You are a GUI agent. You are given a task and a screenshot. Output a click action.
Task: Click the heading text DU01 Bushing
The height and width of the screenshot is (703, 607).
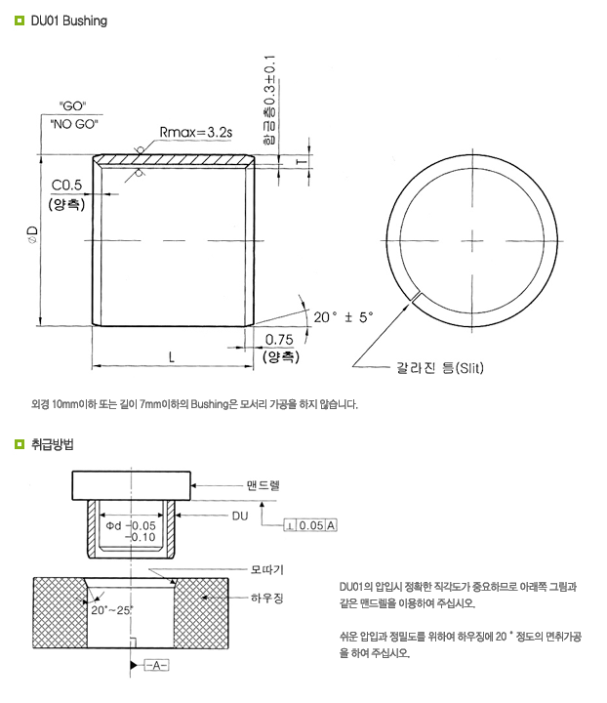(x=68, y=21)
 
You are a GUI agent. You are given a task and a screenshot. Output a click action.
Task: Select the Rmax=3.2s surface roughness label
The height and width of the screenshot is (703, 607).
(x=194, y=132)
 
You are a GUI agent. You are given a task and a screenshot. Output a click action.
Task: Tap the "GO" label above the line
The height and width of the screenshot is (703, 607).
(x=73, y=104)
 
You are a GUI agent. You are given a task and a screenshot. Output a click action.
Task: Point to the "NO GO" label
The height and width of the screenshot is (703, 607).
(x=73, y=124)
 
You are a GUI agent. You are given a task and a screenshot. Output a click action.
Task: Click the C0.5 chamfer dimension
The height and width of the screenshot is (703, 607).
(x=66, y=185)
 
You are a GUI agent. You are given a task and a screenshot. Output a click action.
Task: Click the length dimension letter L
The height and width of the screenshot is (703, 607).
(x=171, y=357)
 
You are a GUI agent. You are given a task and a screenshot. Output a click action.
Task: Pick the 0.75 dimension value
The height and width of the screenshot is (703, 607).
(x=280, y=339)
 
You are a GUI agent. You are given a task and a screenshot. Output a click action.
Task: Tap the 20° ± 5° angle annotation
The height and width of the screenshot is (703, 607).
(x=343, y=317)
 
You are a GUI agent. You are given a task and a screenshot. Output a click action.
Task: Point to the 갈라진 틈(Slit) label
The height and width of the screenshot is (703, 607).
(x=439, y=368)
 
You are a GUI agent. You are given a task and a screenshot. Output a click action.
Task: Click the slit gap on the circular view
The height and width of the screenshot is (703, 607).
(x=417, y=294)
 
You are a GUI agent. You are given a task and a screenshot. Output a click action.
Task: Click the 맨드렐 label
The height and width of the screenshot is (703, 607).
(x=264, y=484)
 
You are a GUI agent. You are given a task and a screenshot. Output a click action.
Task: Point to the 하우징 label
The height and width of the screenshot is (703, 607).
(x=266, y=597)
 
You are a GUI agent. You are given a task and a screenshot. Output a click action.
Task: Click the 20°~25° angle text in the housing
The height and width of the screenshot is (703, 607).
(x=110, y=609)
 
